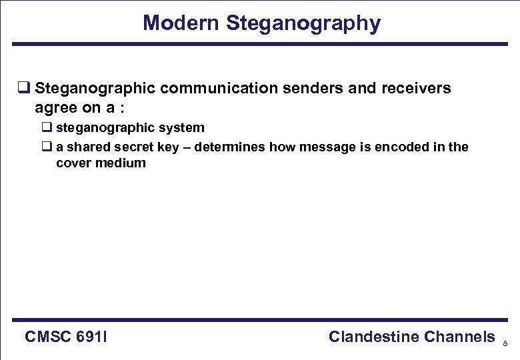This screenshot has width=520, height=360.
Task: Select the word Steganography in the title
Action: coord(303,23)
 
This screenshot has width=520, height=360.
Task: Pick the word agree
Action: coord(55,107)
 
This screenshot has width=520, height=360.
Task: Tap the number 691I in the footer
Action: coord(93,337)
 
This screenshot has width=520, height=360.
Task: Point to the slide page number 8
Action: coord(505,344)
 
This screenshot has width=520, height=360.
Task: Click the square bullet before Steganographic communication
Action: coord(23,89)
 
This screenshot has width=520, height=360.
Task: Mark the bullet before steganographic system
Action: coord(47,128)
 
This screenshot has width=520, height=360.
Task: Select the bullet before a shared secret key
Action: coord(47,147)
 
